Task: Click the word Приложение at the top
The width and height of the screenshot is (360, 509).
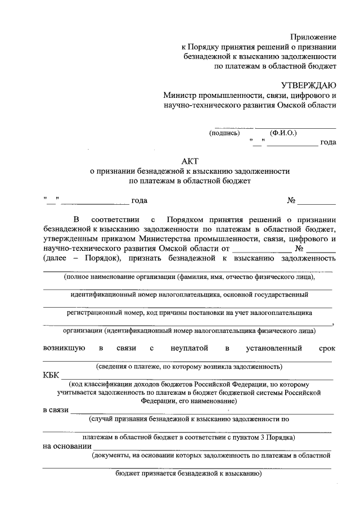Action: pos(314,37)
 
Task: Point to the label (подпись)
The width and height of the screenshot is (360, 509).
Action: pos(225,133)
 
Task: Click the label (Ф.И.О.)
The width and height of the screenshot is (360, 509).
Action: pos(283,133)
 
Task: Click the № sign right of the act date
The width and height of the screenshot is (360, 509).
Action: pos(291,201)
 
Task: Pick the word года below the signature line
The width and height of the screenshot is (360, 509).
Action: pos(328,142)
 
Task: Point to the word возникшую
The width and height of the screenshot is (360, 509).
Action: pos(64,348)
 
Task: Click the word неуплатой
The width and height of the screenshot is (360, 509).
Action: pos(190,348)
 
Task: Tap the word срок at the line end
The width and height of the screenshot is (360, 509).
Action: pos(327,348)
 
